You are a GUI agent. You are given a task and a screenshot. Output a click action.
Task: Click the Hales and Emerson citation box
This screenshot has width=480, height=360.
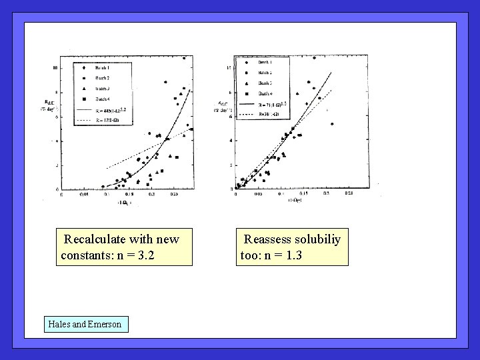pyautogui.click(x=85, y=324)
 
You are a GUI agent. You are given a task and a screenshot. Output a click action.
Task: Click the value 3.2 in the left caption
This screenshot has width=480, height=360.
pyautogui.click(x=145, y=255)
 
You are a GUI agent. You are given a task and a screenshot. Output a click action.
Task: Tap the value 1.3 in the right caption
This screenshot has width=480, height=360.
pyautogui.click(x=292, y=255)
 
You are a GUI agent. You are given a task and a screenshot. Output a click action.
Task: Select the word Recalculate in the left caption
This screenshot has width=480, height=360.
pyautogui.click(x=94, y=239)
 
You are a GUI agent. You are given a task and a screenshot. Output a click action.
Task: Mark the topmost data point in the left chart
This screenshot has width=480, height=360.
pyautogui.click(x=184, y=58)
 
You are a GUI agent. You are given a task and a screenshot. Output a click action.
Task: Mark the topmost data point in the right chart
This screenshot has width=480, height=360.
pyautogui.click(x=314, y=58)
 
